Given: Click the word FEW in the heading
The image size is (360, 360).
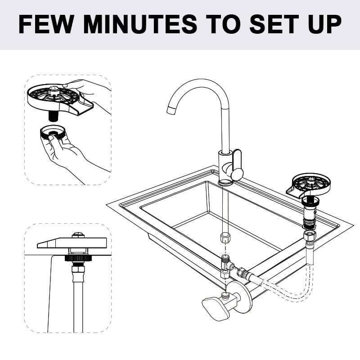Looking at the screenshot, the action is pos(46,24).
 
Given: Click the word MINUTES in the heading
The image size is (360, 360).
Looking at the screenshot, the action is pos(140,24).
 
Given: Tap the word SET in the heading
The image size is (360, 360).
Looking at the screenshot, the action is pos(274,24).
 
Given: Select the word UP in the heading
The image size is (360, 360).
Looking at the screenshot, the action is pos(324,24).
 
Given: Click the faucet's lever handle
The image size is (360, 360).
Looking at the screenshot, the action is pos(237,165).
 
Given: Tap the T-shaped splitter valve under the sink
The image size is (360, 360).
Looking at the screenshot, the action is pos(227,266).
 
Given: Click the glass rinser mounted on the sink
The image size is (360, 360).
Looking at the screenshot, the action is pos(309,185).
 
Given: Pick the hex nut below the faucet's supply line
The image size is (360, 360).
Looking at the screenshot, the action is pos(225,238).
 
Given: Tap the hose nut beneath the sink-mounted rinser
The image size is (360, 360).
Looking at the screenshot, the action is pos(310,235).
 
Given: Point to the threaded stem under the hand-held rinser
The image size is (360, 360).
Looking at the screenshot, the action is pos(53,116).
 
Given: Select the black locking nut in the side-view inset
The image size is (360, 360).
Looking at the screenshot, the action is pos(78,258).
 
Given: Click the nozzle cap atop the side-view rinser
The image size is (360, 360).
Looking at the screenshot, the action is pos(78,235).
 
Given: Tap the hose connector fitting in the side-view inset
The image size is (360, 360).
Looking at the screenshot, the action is pos(78,272).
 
